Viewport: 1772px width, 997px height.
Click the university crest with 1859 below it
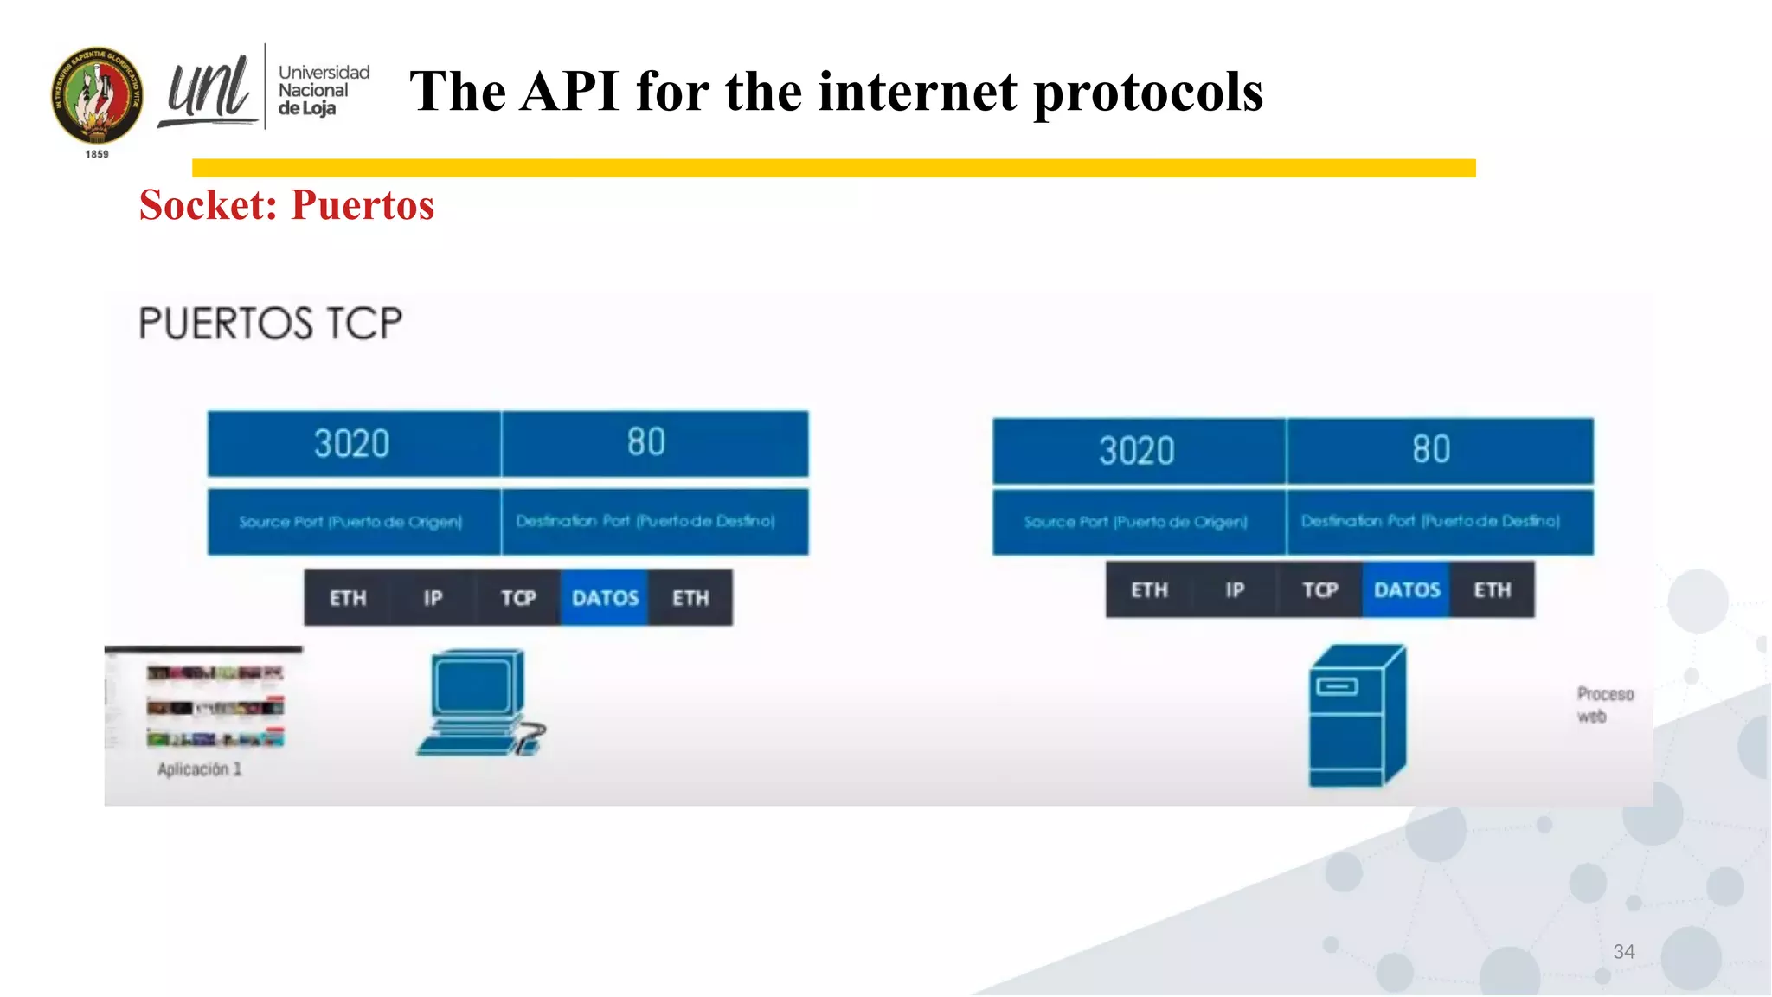pyautogui.click(x=97, y=97)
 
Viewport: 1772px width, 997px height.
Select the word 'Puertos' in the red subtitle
pyautogui.click(x=363, y=205)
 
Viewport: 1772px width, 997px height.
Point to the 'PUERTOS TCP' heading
pyautogui.click(x=271, y=324)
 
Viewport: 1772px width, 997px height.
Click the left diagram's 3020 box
pyautogui.click(x=353, y=444)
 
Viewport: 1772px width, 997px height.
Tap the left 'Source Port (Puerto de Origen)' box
pyautogui.click(x=353, y=522)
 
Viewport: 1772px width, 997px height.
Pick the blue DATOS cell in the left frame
pyautogui.click(x=605, y=598)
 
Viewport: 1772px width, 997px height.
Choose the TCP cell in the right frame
pyautogui.click(x=1320, y=590)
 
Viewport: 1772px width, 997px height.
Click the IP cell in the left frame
pyautogui.click(x=433, y=598)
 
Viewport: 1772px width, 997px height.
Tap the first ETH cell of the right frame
pyautogui.click(x=1149, y=590)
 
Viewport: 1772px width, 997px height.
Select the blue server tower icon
pyautogui.click(x=1355, y=715)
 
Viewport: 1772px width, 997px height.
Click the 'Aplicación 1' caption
pyautogui.click(x=199, y=769)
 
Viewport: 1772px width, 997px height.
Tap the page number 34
pyautogui.click(x=1623, y=952)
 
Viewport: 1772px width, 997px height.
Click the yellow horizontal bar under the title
pyautogui.click(x=833, y=168)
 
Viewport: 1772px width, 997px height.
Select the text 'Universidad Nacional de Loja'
pyautogui.click(x=323, y=90)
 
